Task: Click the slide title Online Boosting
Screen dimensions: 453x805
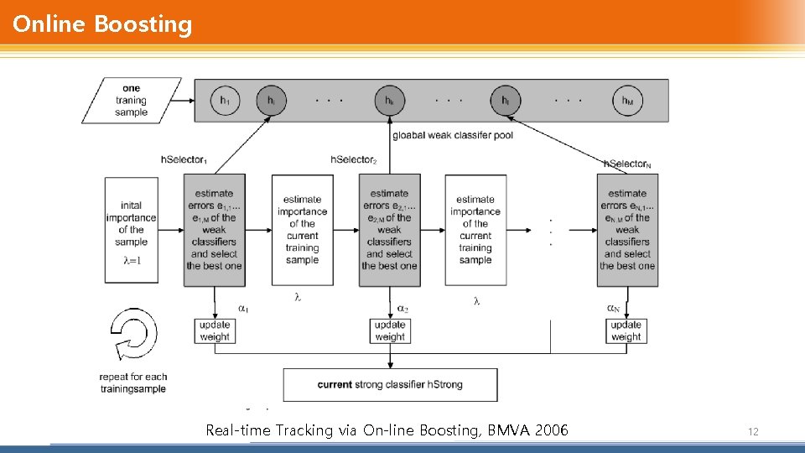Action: (x=102, y=24)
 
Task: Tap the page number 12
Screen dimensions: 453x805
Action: (x=752, y=431)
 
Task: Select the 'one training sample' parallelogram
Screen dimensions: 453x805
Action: (x=131, y=101)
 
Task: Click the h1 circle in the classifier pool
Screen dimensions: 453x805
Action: (x=224, y=101)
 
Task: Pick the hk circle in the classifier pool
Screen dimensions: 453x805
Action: (x=389, y=101)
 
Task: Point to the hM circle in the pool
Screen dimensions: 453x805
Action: (x=627, y=101)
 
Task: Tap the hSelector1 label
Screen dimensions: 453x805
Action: (x=184, y=159)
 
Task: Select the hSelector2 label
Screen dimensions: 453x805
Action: (x=354, y=159)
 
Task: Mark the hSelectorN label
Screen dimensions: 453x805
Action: (x=627, y=164)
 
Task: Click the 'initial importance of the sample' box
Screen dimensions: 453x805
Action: (x=131, y=229)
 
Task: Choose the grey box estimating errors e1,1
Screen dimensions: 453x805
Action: (x=215, y=230)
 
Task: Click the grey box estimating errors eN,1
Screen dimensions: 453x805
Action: (x=627, y=230)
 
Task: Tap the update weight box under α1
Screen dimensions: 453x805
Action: (x=215, y=331)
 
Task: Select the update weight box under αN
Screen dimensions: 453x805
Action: (x=626, y=331)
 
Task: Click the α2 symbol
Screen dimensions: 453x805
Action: (x=402, y=309)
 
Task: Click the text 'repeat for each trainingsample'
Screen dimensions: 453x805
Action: (x=133, y=383)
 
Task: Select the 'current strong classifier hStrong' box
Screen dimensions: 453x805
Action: (x=390, y=385)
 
